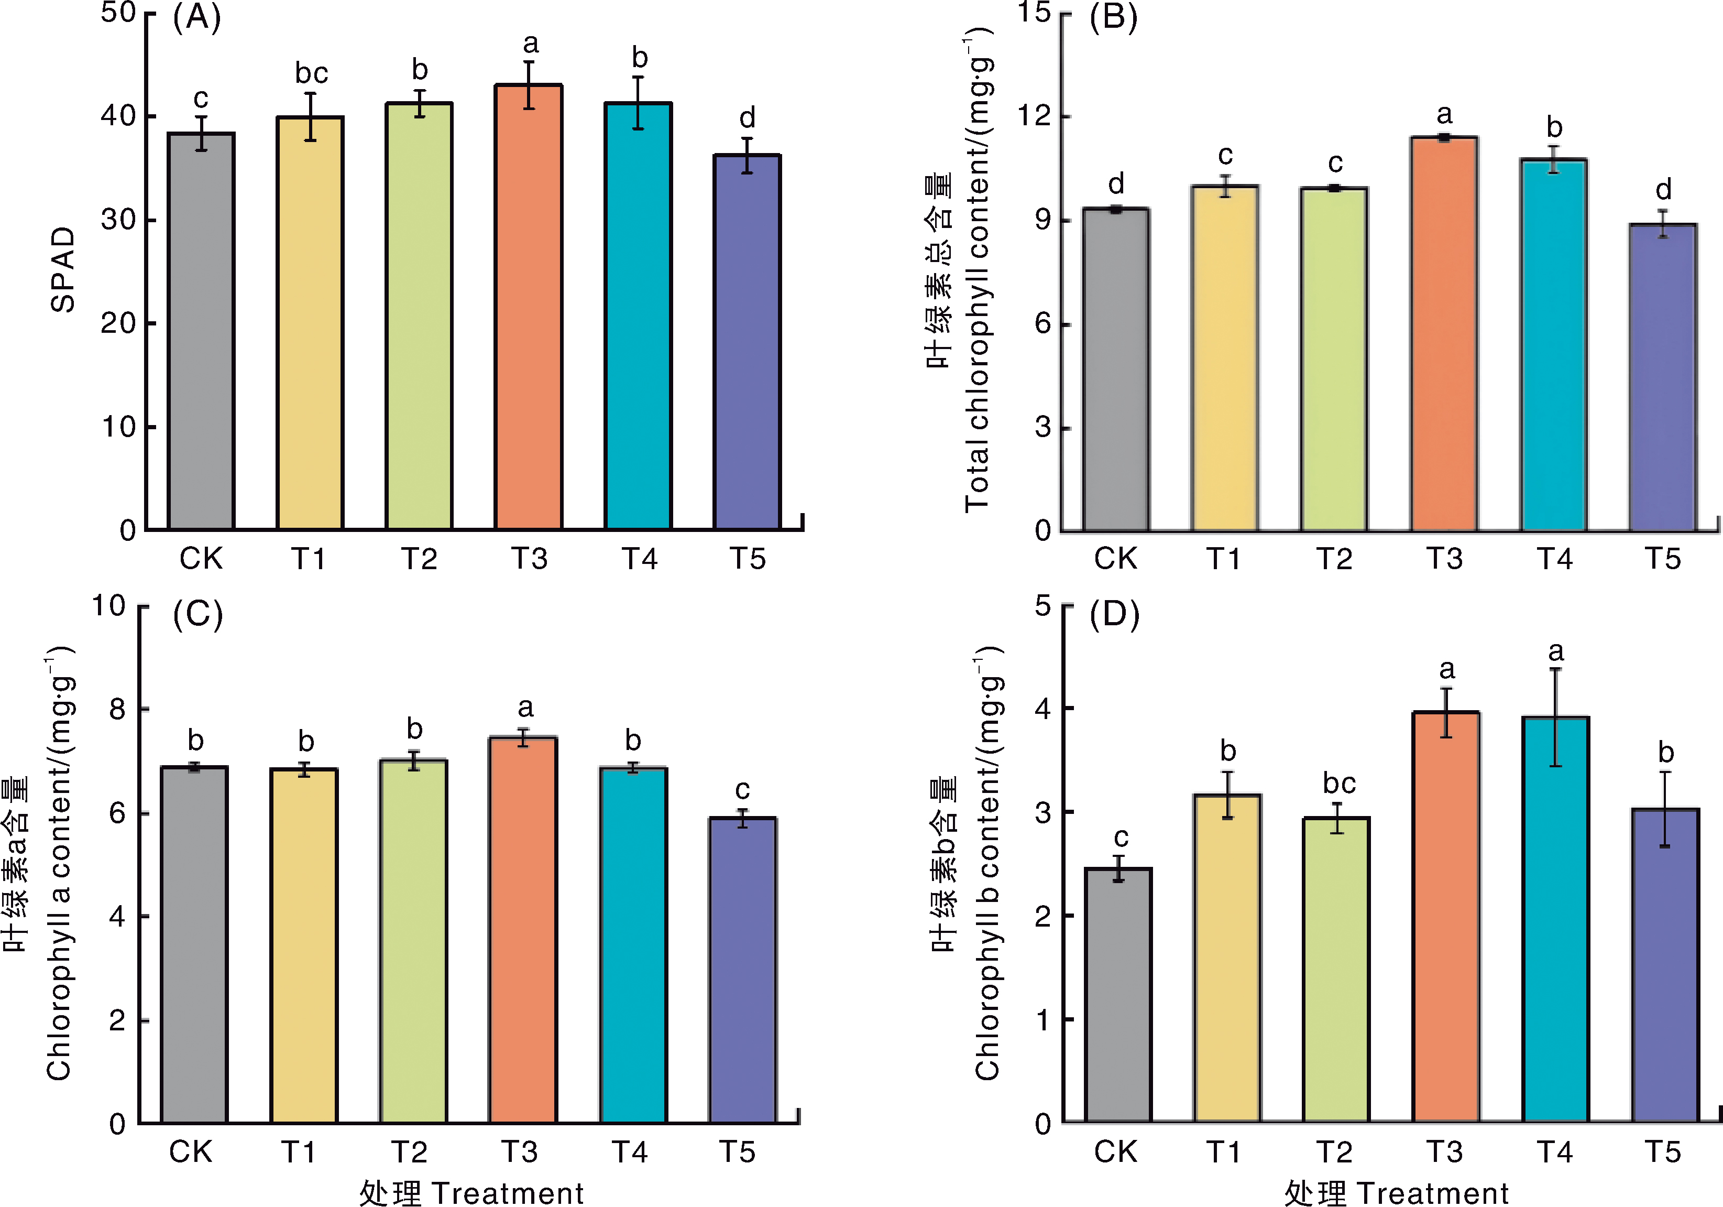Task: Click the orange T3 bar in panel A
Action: (x=528, y=308)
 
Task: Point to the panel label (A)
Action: (x=196, y=17)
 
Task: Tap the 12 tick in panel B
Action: (x=1034, y=116)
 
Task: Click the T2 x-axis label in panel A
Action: (x=419, y=559)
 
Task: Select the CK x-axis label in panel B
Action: (x=1115, y=559)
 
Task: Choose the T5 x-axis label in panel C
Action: (x=737, y=1151)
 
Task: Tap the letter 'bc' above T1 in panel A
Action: (x=311, y=73)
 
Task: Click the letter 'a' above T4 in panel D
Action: (x=1556, y=651)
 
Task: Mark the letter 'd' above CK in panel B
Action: (x=1116, y=183)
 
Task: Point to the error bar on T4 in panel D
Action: (x=1556, y=717)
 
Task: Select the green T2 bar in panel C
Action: (x=413, y=941)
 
